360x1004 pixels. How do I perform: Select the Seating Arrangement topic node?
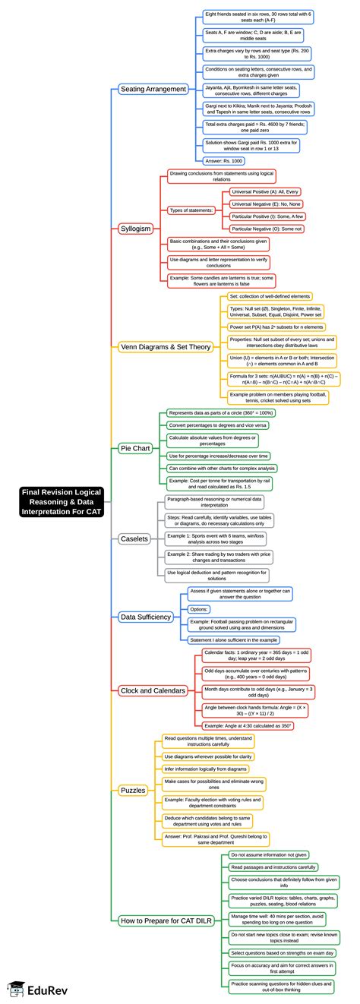point(153,89)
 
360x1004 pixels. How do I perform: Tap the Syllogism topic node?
point(136,228)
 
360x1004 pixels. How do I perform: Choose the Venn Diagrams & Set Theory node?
point(166,347)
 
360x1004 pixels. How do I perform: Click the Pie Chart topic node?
point(135,448)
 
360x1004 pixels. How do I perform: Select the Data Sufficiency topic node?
point(146,617)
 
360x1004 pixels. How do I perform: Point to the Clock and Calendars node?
point(153,690)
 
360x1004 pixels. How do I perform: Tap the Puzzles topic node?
point(133,791)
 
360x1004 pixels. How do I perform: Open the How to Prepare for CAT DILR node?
point(166,920)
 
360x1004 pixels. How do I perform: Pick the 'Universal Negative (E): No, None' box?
point(267,204)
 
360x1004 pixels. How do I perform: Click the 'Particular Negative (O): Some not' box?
point(267,228)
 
